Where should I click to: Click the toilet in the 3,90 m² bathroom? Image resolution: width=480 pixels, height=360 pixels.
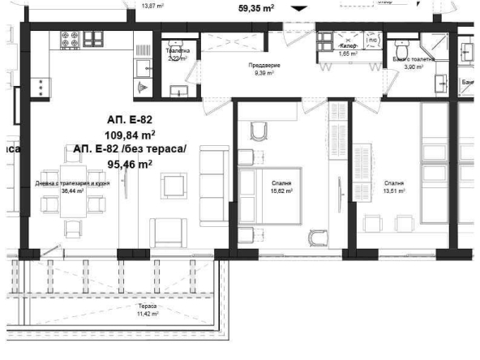(397, 46)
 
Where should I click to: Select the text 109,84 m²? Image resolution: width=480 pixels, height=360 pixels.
(131, 135)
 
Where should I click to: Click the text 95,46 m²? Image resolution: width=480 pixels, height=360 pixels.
(131, 163)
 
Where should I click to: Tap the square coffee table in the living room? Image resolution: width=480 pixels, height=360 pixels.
(174, 186)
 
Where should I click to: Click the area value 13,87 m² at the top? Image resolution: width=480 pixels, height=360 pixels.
(152, 5)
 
